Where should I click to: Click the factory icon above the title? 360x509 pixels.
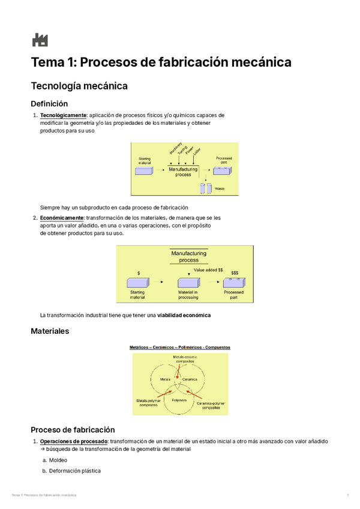point(40,40)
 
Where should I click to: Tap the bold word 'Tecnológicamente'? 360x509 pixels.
point(63,115)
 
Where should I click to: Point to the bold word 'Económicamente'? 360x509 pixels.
point(62,218)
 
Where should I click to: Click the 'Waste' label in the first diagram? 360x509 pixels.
point(220,189)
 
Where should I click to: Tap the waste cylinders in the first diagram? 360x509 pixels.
point(206,188)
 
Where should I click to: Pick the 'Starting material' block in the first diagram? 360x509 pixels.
point(145,170)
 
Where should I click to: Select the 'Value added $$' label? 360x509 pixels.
point(208,270)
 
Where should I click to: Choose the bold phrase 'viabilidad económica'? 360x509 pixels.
point(184,315)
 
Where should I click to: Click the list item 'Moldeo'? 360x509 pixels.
point(58,460)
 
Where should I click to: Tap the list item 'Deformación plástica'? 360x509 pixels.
point(75,471)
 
